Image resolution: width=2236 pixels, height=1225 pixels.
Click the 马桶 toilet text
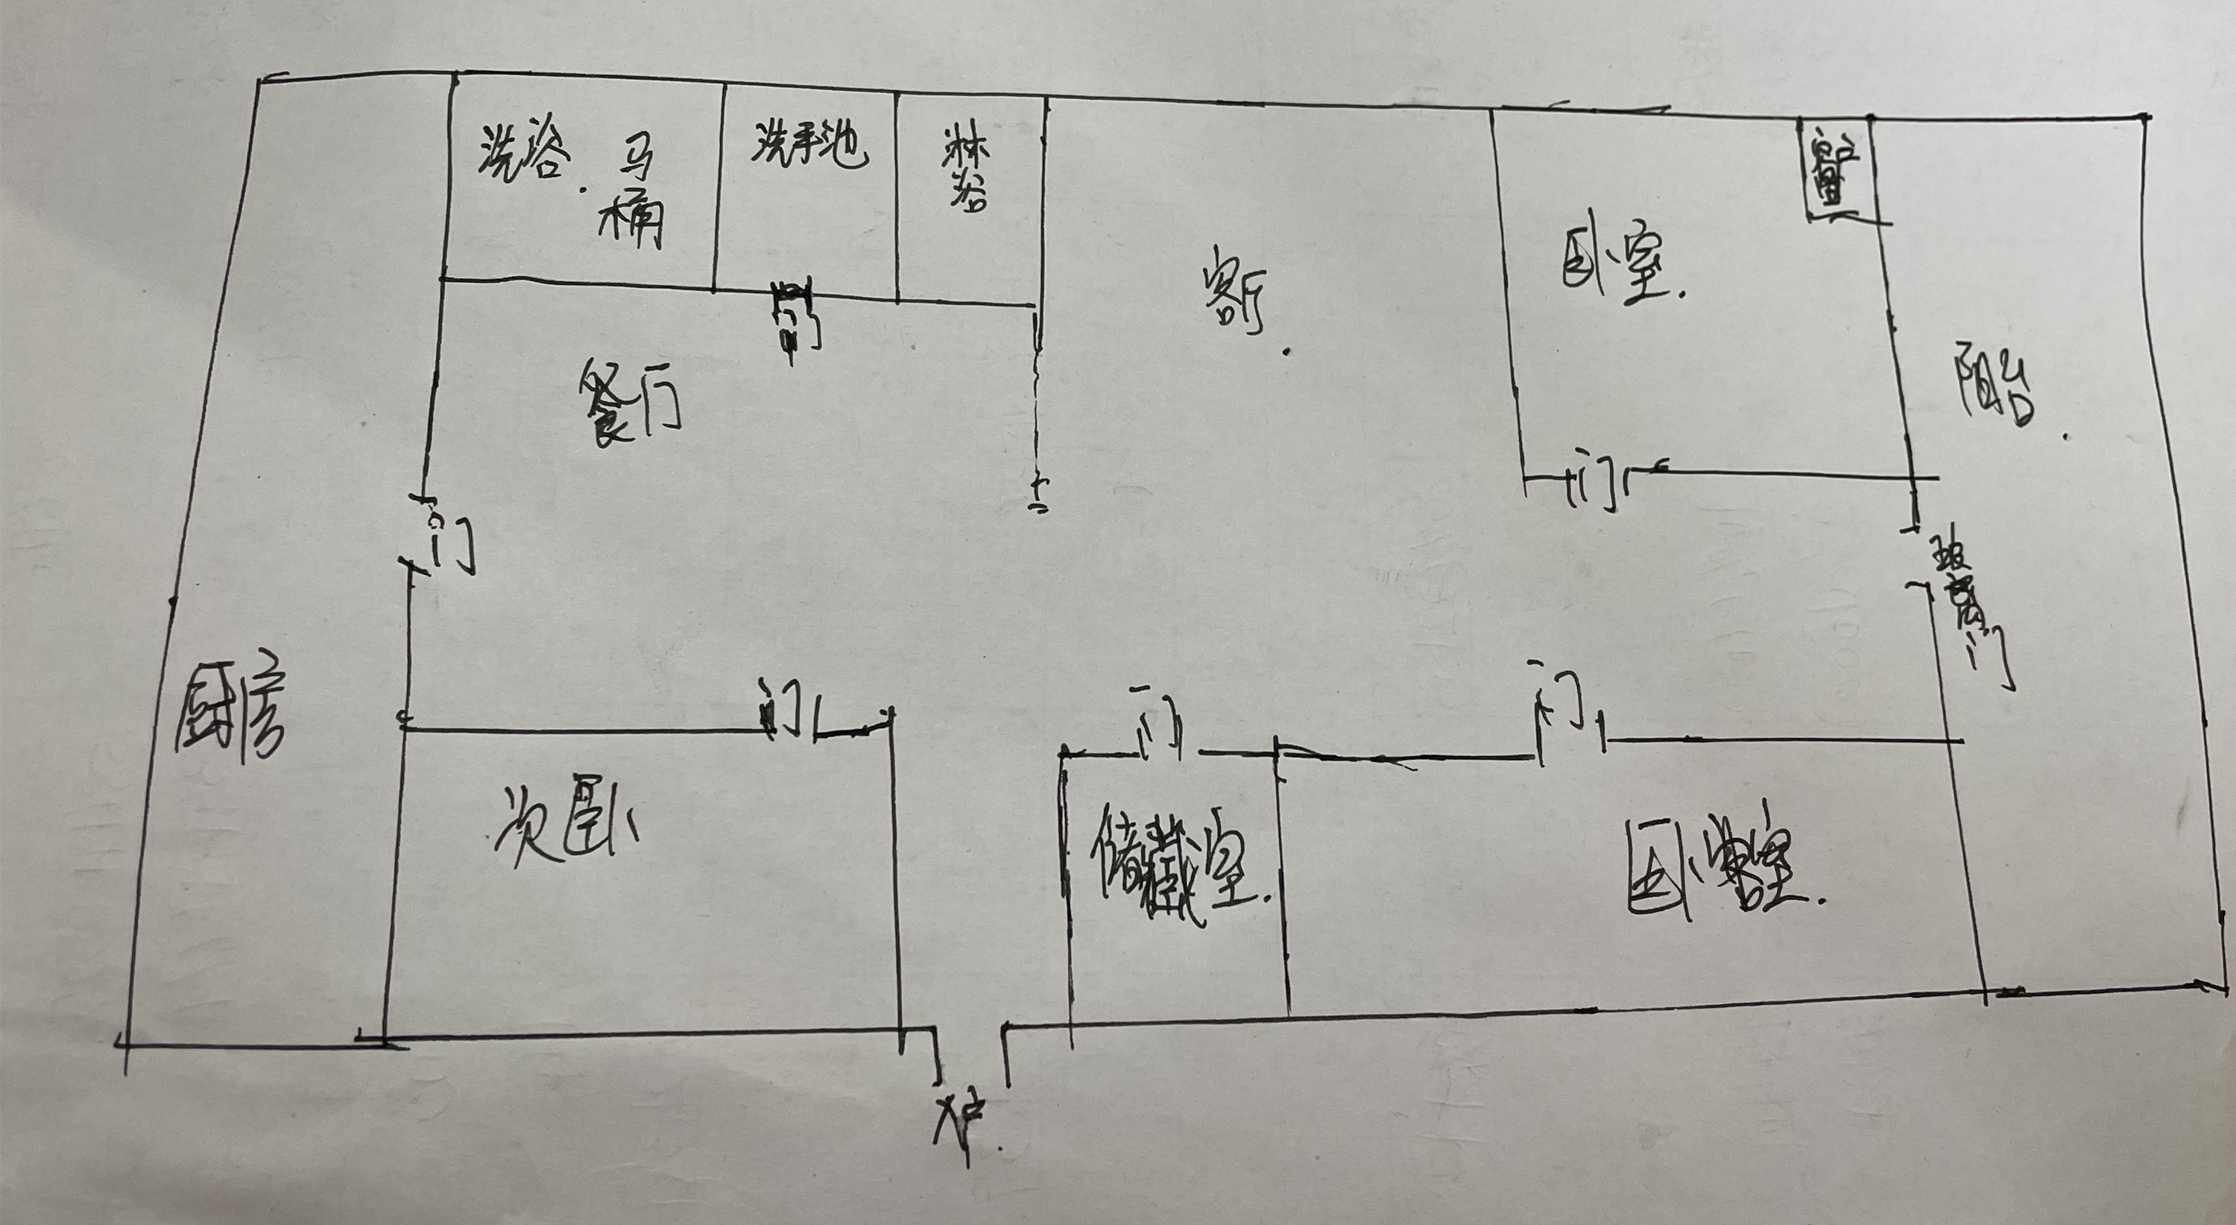coord(631,199)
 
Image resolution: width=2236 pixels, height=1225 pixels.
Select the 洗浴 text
coord(524,157)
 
